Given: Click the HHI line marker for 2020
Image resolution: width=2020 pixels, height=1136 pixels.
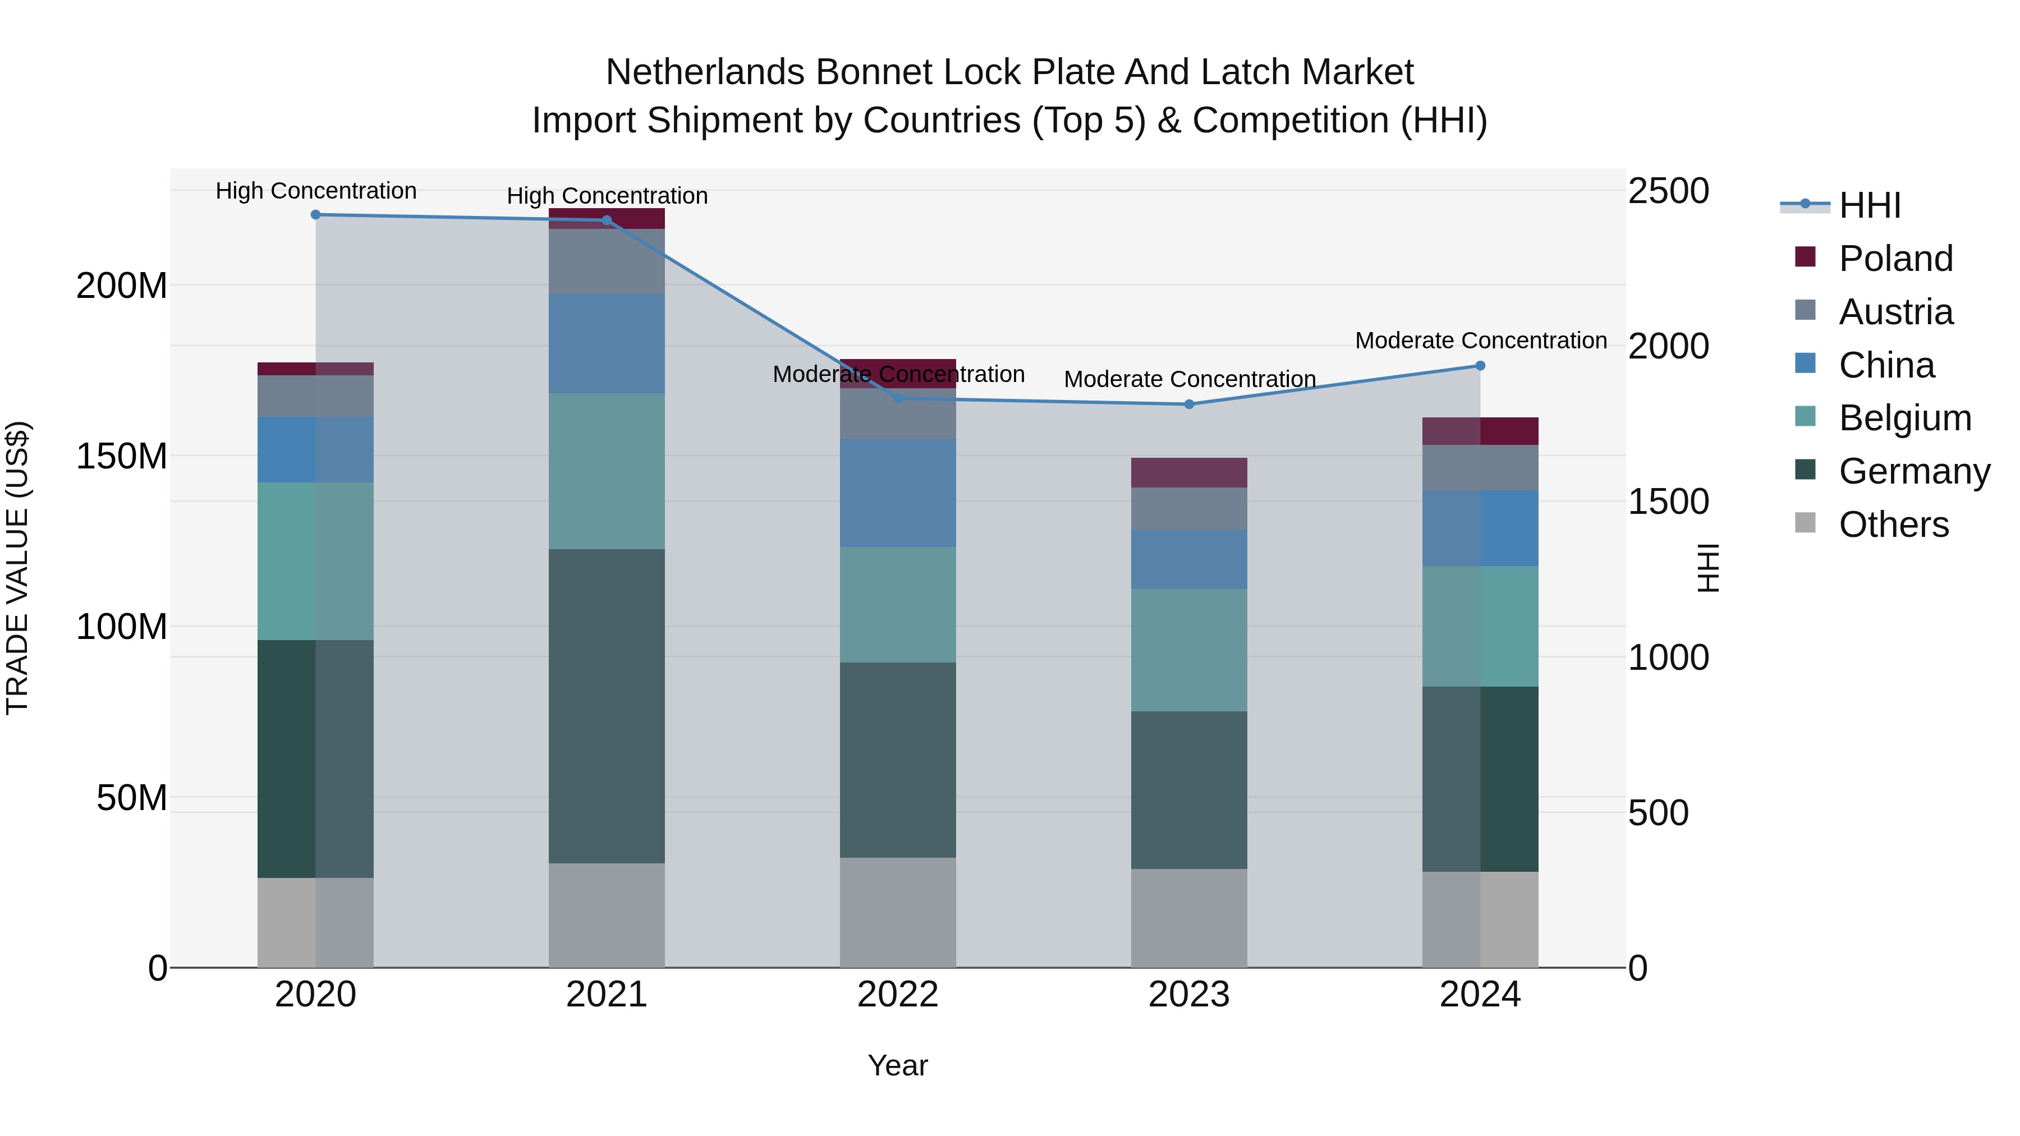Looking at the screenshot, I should (x=315, y=215).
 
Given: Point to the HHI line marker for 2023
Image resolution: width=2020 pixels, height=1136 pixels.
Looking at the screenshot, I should (x=1189, y=404).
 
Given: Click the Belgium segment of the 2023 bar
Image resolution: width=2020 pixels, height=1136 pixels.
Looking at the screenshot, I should (x=1189, y=650).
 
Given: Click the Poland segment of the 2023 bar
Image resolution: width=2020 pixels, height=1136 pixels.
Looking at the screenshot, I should (x=1189, y=473).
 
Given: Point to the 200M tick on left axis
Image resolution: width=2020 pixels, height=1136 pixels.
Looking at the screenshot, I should (x=122, y=286).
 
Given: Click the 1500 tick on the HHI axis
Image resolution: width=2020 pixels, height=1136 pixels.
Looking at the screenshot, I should (x=1668, y=502).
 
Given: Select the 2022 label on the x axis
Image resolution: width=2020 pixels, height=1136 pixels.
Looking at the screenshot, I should (x=898, y=995).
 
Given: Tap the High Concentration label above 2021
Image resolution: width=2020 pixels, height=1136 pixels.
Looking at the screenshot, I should (x=607, y=196).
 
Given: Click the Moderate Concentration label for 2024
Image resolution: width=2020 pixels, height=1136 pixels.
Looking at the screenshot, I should (x=1481, y=341).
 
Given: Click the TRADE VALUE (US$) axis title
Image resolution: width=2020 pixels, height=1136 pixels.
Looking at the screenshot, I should (x=17, y=568).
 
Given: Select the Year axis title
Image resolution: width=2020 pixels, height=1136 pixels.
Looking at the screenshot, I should (x=898, y=1065).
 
